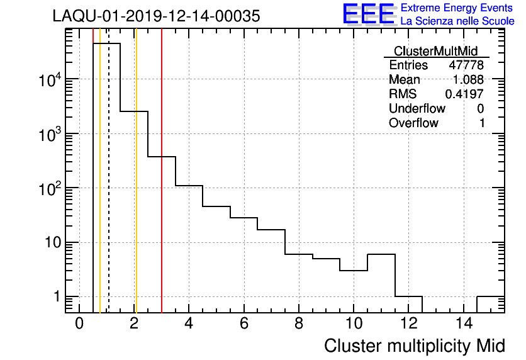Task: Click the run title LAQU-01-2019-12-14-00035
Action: coord(156,17)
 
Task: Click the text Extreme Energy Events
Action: coord(457,8)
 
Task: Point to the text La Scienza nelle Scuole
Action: coord(457,21)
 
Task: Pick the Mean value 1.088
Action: coord(468,80)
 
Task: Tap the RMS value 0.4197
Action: coord(464,94)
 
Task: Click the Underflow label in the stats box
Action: coord(417,109)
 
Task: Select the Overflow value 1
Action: coord(482,123)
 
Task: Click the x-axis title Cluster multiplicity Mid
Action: coord(414,346)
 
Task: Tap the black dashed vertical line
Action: coord(109,189)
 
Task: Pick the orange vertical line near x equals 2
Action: coord(136,189)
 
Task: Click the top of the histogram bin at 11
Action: coord(381,254)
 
